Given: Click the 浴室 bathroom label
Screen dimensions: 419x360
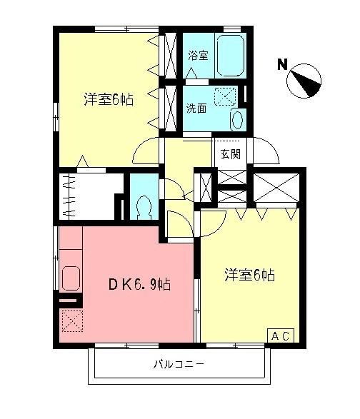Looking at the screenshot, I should pyautogui.click(x=198, y=55).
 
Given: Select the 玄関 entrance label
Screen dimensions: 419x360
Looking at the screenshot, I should pyautogui.click(x=230, y=153).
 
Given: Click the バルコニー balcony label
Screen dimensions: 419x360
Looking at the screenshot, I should pyautogui.click(x=179, y=365).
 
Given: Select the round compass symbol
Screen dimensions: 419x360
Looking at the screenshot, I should pyautogui.click(x=306, y=79).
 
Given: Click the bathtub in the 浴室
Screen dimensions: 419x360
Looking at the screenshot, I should pyautogui.click(x=231, y=53).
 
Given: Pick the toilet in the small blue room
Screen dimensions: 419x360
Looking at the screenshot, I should pyautogui.click(x=142, y=206).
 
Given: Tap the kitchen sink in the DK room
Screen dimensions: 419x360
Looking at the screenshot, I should pyautogui.click(x=71, y=278).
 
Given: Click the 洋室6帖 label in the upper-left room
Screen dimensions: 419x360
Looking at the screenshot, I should pyautogui.click(x=108, y=99).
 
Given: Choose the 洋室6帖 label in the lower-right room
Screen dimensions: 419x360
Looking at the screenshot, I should pyautogui.click(x=249, y=275).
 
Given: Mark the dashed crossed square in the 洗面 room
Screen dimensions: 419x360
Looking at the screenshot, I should pyautogui.click(x=224, y=96).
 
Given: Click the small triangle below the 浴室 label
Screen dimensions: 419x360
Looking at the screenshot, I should pyautogui.click(x=190, y=72).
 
